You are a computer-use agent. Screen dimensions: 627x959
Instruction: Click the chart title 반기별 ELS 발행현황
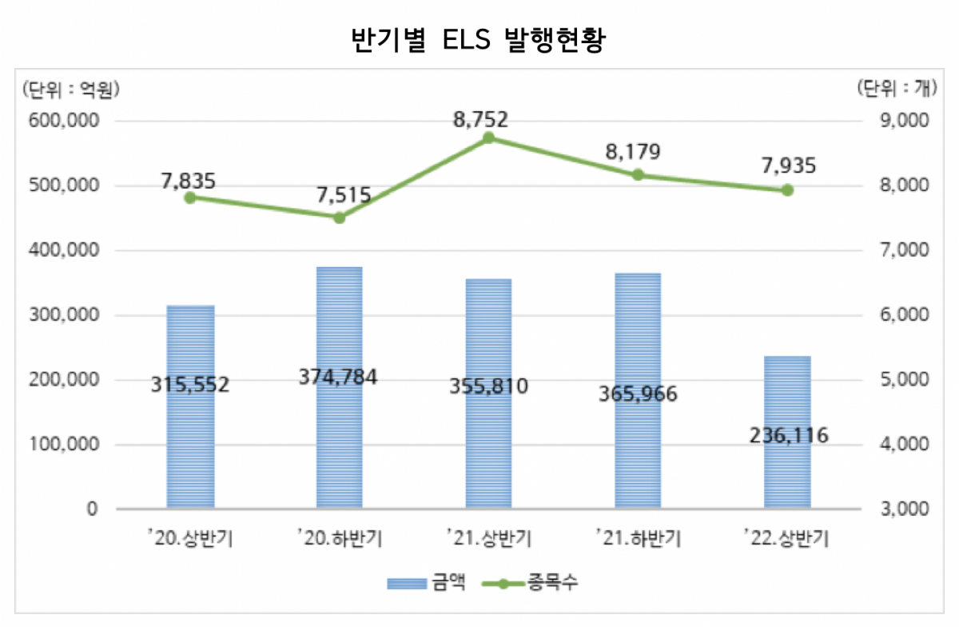tap(479, 40)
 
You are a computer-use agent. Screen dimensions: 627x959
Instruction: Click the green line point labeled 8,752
tap(489, 138)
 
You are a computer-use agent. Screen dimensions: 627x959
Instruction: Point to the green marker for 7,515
tap(339, 218)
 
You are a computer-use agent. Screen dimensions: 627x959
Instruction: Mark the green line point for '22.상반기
tap(787, 190)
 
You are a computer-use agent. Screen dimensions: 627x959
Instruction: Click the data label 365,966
tap(638, 393)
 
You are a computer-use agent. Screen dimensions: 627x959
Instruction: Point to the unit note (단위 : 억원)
tap(71, 90)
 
